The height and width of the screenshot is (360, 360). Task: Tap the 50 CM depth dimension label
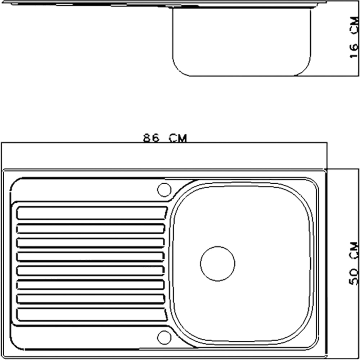coord(354,264)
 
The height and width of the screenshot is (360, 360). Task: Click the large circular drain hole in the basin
coord(217,264)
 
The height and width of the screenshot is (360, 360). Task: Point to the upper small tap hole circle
coord(164,189)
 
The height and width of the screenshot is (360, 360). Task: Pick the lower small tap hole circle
coord(164,336)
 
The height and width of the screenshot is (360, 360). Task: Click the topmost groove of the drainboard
coord(91,213)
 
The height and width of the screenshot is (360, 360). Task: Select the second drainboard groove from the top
coord(91,229)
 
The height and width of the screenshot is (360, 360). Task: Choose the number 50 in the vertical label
coord(354,277)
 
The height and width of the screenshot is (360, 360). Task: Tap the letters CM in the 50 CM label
coord(354,250)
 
